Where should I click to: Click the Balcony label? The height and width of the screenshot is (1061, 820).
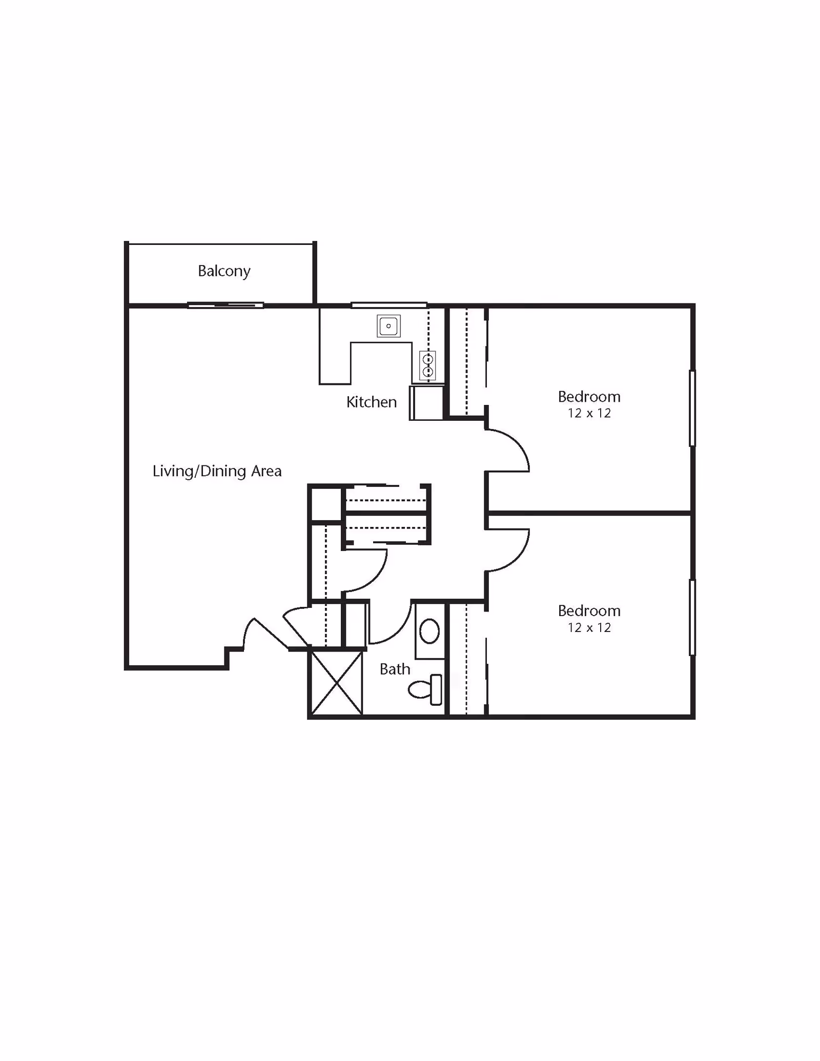click(x=224, y=271)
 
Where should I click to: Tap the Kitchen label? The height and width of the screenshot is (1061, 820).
click(x=372, y=402)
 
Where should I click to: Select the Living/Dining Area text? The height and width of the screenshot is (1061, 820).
click(x=217, y=471)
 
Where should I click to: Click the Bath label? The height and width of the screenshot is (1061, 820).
click(x=395, y=669)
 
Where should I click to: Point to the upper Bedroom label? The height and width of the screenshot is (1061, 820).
click(x=589, y=397)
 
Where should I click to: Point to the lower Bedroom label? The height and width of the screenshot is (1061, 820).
click(x=589, y=611)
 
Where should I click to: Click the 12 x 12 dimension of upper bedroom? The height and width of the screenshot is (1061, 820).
click(x=589, y=413)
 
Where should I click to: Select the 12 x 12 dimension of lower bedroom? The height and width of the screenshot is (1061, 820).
click(x=589, y=627)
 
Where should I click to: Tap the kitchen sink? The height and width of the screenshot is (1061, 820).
click(x=388, y=326)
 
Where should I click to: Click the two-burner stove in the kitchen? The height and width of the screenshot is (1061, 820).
click(x=428, y=365)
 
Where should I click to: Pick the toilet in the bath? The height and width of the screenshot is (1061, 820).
click(x=425, y=689)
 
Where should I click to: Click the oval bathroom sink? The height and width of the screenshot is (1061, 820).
click(x=429, y=631)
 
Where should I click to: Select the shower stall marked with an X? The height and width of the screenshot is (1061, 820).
click(x=337, y=683)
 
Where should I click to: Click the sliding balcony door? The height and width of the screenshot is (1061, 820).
click(x=225, y=305)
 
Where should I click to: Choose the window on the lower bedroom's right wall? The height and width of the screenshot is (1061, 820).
click(x=692, y=618)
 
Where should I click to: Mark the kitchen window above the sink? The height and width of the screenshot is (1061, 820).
click(x=389, y=305)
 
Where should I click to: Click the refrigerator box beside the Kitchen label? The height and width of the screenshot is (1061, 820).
click(x=426, y=403)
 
